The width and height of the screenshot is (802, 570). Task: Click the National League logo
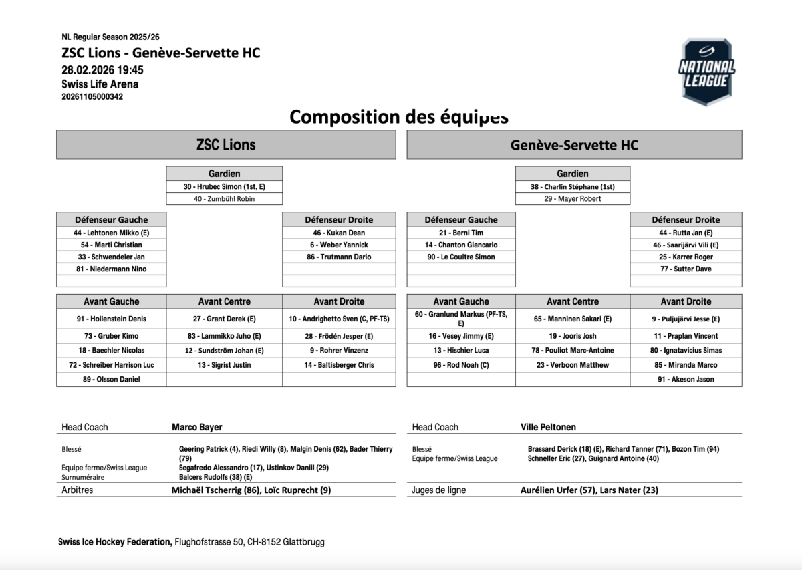click(x=706, y=71)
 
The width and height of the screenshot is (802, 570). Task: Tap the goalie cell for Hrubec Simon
click(x=224, y=187)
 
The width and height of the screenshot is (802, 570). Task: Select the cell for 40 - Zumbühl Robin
click(x=224, y=199)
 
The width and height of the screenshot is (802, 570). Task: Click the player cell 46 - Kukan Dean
click(x=339, y=233)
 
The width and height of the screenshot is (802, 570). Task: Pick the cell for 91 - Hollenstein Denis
click(x=111, y=319)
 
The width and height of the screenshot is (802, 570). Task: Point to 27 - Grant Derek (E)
click(x=224, y=319)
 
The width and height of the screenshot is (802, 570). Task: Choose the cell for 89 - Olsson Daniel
click(x=111, y=379)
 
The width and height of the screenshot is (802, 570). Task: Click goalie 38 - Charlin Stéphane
click(x=573, y=187)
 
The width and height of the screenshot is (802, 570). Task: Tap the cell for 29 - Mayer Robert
click(x=573, y=199)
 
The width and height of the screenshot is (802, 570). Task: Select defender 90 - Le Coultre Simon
click(x=461, y=257)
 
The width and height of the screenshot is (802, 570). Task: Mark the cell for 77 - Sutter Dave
click(x=686, y=269)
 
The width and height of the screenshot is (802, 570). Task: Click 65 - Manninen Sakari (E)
click(x=573, y=319)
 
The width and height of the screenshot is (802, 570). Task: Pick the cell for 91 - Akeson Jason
click(x=686, y=379)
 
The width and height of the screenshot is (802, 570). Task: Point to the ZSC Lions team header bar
click(x=226, y=145)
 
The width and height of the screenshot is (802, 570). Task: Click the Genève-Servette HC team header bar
click(x=574, y=145)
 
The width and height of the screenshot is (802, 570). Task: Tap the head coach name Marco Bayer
click(x=197, y=427)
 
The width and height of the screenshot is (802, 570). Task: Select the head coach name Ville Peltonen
click(x=548, y=427)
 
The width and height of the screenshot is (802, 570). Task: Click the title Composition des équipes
click(x=399, y=117)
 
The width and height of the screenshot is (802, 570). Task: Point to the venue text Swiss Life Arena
click(x=100, y=84)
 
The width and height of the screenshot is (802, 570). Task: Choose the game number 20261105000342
click(x=92, y=96)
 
